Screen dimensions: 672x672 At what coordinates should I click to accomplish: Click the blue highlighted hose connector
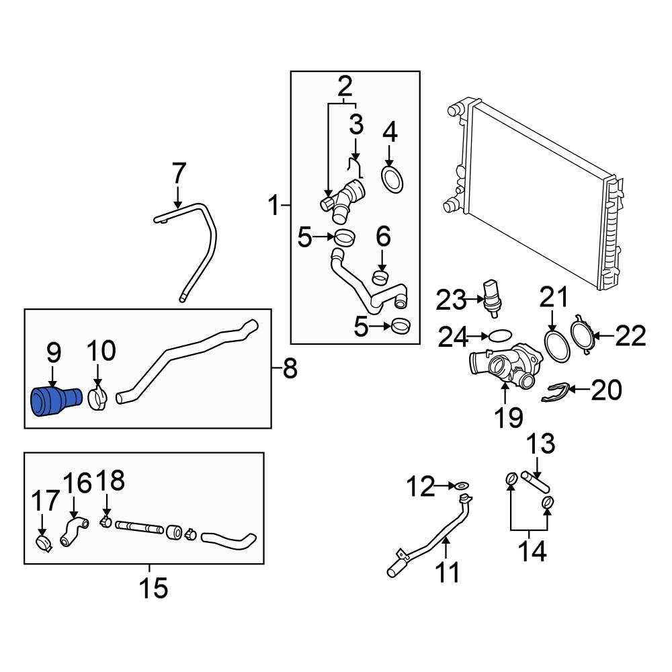pyautogui.click(x=54, y=402)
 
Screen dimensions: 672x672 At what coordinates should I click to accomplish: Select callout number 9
pyautogui.click(x=54, y=351)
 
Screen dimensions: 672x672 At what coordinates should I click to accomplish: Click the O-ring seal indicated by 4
pyautogui.click(x=391, y=179)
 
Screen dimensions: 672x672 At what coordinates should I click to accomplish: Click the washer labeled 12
pyautogui.click(x=462, y=485)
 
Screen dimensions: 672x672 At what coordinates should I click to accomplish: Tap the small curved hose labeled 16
pyautogui.click(x=73, y=530)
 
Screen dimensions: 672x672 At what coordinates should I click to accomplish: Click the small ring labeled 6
pyautogui.click(x=381, y=276)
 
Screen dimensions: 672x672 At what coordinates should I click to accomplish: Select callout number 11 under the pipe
pyautogui.click(x=448, y=573)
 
